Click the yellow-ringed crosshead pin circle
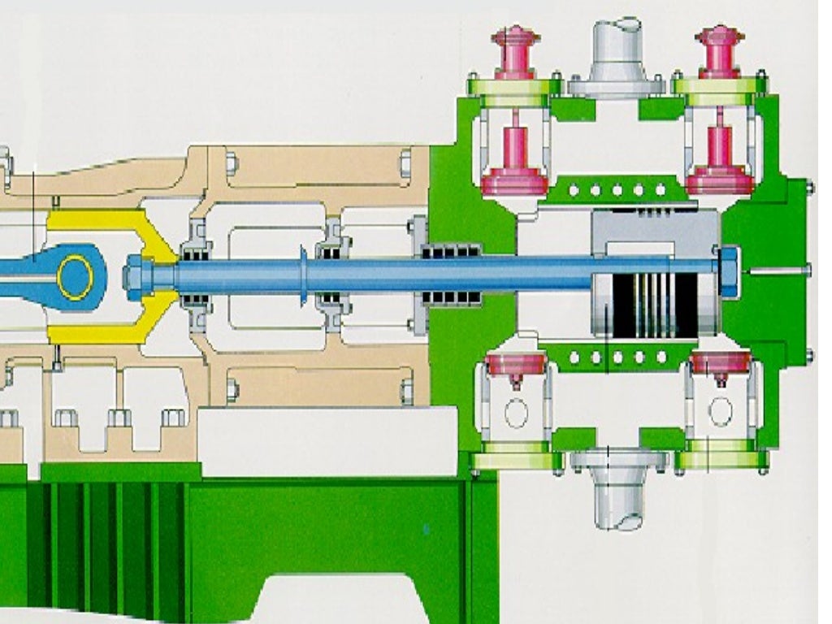76,277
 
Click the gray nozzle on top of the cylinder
617,53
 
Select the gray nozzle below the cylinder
617,487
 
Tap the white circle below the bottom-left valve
516,412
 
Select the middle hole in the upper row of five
617,190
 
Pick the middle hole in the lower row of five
617,357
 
